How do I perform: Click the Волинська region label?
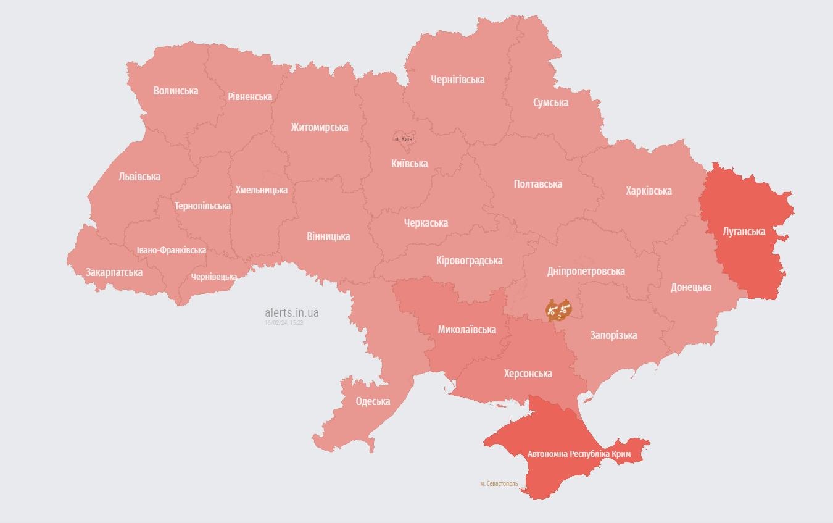(x=176, y=91)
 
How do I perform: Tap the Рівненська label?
(x=250, y=97)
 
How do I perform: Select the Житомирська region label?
(x=320, y=127)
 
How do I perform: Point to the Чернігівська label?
(x=457, y=80)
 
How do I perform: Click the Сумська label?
(x=551, y=103)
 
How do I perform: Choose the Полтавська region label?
(x=537, y=184)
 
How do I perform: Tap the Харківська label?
(x=649, y=191)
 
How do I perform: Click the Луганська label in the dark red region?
(x=744, y=232)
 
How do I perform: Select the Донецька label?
(x=691, y=287)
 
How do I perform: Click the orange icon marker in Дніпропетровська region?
(x=558, y=310)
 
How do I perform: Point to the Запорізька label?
(x=613, y=335)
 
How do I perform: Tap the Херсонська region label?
(x=528, y=374)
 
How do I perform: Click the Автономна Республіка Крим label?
(x=579, y=454)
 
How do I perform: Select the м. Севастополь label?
(x=499, y=483)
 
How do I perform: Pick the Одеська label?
(x=373, y=401)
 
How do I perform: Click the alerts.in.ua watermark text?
(x=292, y=313)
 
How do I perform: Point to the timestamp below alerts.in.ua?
(x=284, y=323)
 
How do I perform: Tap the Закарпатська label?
(x=114, y=272)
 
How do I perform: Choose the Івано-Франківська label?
(x=172, y=250)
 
